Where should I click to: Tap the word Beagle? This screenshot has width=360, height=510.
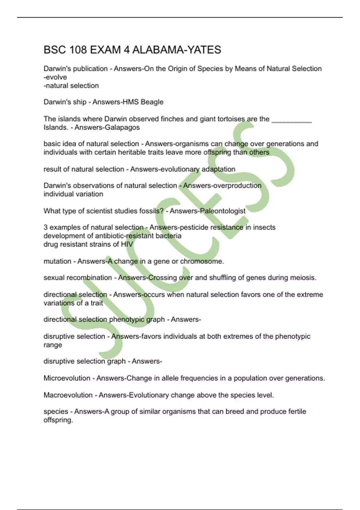pos(152,102)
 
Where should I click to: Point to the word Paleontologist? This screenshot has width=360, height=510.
pos(223,211)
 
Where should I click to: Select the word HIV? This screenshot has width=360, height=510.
pos(127,244)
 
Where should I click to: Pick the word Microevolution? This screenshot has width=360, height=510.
pos(67,378)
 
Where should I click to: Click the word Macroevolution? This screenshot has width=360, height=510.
pos(68,395)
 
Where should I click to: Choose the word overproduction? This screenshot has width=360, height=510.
pos(237,185)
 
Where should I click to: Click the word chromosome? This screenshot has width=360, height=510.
pos(202,261)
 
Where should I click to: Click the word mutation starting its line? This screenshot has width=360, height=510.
pos(57,261)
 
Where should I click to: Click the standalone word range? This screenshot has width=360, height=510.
pos(53,345)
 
